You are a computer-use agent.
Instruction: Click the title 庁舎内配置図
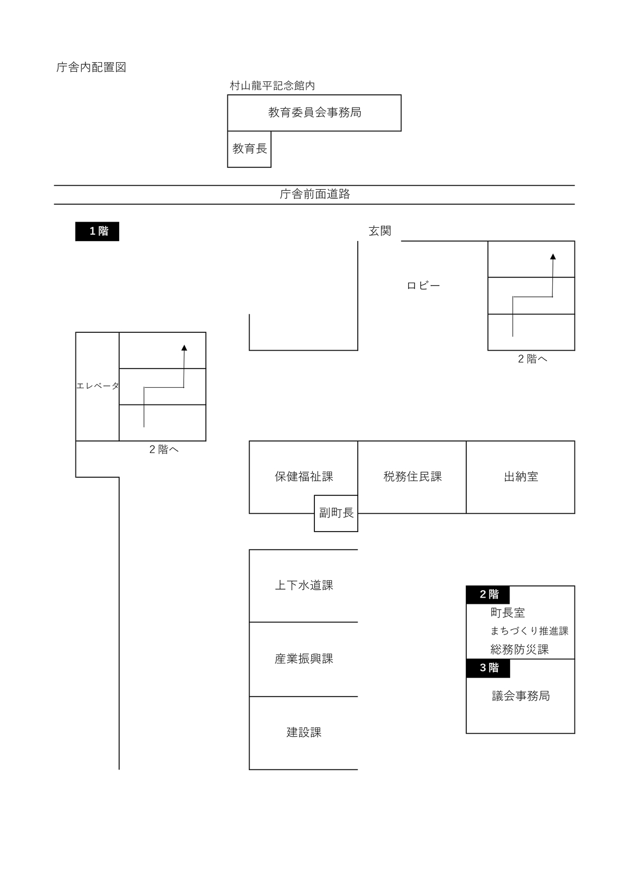[x=91, y=68]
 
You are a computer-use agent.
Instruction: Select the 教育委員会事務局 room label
[x=314, y=112]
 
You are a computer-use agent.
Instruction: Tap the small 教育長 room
[x=250, y=149]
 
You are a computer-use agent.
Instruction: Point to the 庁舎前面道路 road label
[x=314, y=194]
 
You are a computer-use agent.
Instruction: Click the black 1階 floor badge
[x=98, y=232]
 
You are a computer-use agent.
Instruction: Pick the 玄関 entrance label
[x=380, y=231]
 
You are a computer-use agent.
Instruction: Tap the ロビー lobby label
[x=424, y=286]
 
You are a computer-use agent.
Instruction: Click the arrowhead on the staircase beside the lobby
[x=553, y=257]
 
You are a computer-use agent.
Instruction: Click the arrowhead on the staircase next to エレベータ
[x=184, y=348]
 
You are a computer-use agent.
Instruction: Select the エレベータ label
[x=98, y=386]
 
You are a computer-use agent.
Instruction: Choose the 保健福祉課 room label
[x=304, y=477]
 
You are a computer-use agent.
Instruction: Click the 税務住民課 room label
[x=413, y=477]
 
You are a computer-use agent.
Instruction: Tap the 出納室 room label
[x=521, y=477]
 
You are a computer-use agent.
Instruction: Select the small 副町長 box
[x=336, y=513]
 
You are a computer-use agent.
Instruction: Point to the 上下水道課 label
[x=304, y=585]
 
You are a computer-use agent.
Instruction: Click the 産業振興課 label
[x=304, y=659]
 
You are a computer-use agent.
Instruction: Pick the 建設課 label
[x=304, y=733]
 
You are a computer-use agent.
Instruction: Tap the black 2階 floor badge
[x=488, y=594]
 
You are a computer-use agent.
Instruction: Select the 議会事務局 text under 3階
[x=521, y=696]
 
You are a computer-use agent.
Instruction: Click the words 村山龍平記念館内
[x=272, y=85]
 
